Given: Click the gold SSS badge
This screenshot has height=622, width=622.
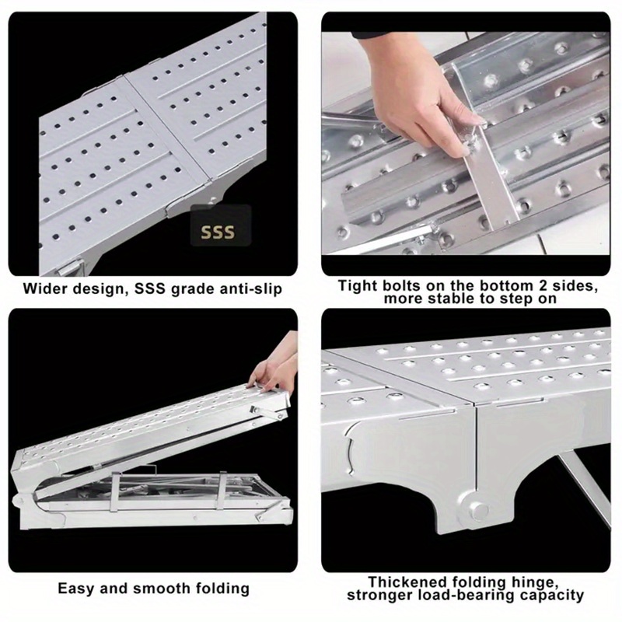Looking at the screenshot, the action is tap(221, 225).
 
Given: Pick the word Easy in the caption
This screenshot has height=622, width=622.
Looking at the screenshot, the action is tap(76, 589).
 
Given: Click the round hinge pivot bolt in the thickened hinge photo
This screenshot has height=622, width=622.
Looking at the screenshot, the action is tap(478, 509).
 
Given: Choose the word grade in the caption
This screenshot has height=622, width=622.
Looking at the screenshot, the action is tap(187, 289).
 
